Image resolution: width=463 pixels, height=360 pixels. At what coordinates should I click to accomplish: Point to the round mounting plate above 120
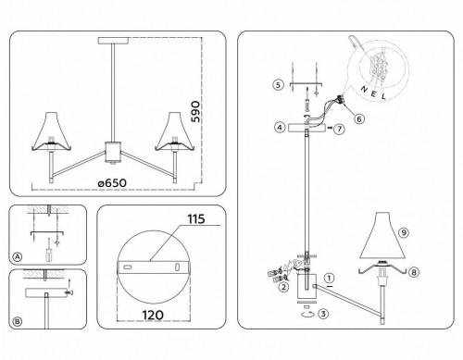pos(154,265)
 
